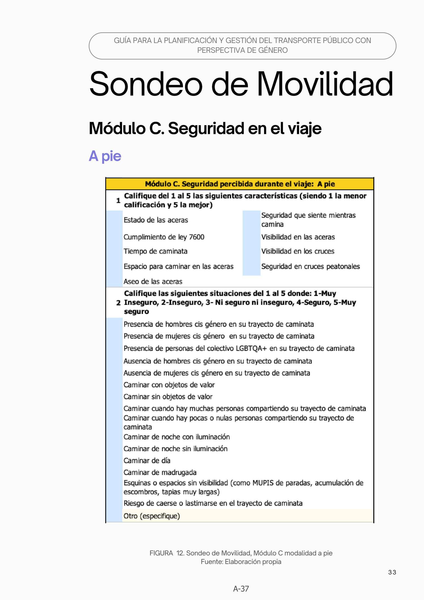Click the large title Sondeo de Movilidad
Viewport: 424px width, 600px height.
pos(241,84)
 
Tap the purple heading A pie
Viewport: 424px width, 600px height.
pos(105,156)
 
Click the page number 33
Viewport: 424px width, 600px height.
pos(392,572)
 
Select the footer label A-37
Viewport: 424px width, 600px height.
pos(241,589)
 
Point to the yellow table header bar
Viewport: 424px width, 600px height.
pos(240,184)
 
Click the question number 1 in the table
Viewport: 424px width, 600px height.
pos(118,200)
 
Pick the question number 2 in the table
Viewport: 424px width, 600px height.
pos(118,303)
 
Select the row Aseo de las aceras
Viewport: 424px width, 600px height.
pos(153,281)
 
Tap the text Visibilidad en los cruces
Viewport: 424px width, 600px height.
pos(298,251)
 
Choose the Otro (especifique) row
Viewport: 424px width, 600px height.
pos(152,516)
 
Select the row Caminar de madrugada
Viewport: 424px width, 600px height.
pos(160,472)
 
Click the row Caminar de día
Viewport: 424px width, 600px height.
pos(147,460)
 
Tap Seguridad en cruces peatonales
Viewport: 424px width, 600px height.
pos(310,266)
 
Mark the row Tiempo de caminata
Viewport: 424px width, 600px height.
pos(155,251)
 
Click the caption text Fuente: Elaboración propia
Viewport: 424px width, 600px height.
pos(241,562)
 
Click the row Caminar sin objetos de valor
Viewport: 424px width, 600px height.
pos(168,397)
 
